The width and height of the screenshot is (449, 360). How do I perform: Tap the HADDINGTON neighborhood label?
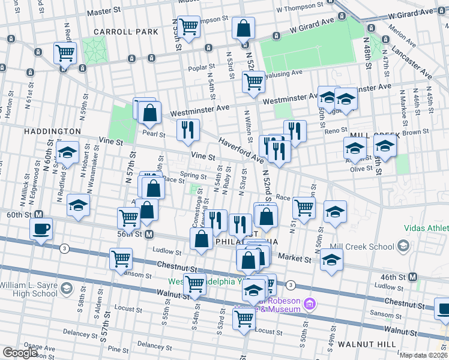click(52, 131)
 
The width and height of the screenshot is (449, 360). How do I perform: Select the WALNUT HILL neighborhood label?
click(366, 344)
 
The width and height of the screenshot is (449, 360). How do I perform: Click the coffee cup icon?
click(41, 229)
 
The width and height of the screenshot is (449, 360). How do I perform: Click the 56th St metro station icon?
click(149, 234)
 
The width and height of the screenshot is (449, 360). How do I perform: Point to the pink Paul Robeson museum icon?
click(310, 304)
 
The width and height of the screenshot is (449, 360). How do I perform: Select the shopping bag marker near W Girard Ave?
click(244, 28)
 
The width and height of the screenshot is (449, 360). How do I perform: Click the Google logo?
click(20, 353)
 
